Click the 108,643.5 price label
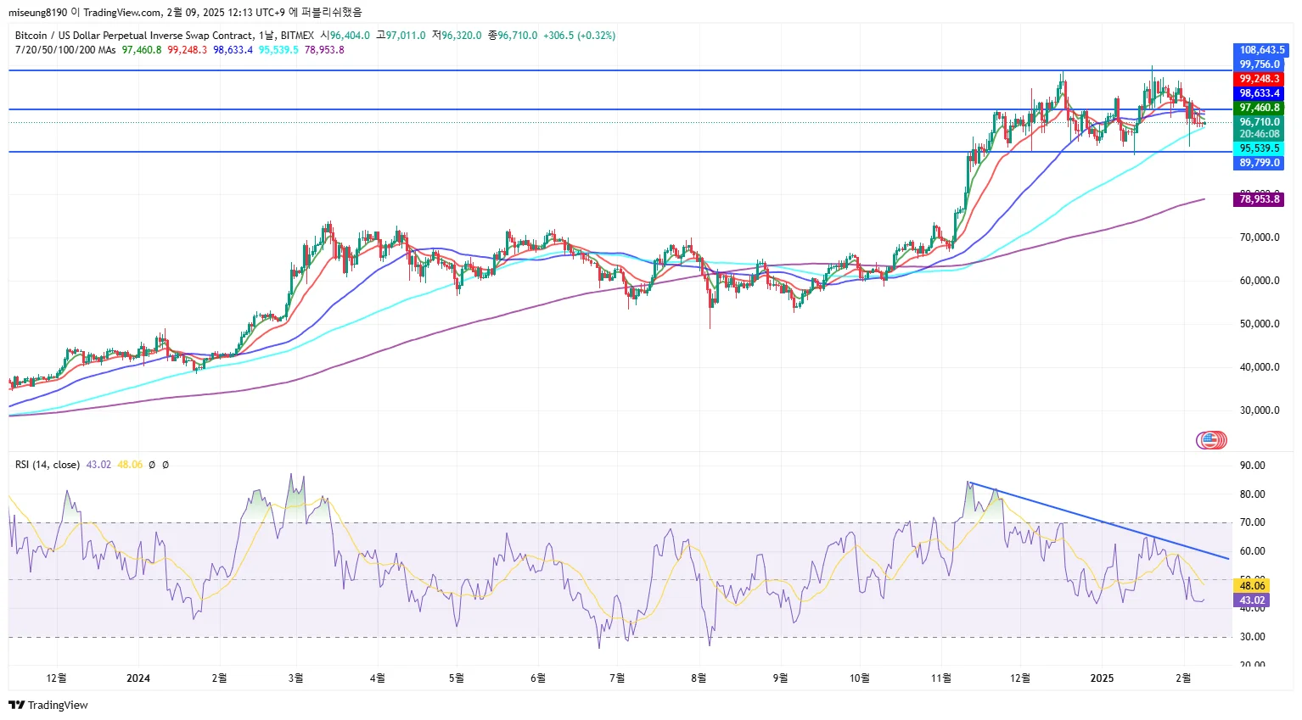coord(1261,50)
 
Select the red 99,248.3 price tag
coord(1260,79)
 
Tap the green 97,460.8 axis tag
coord(1260,108)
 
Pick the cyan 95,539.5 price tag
coord(1260,148)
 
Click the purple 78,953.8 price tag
coord(1260,199)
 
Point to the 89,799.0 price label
coord(1260,163)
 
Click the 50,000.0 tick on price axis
coord(1260,324)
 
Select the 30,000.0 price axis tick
coord(1260,410)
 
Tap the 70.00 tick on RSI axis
coord(1253,522)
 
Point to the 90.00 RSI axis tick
coord(1253,466)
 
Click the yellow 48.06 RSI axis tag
coord(1253,586)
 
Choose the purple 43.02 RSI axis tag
coord(1253,600)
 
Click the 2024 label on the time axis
coord(138,678)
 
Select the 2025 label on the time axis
coord(1102,678)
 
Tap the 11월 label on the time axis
coord(940,678)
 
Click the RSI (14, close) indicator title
coord(48,465)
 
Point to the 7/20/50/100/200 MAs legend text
coord(65,50)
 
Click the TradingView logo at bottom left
coord(48,705)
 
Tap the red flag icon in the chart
coord(1211,440)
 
